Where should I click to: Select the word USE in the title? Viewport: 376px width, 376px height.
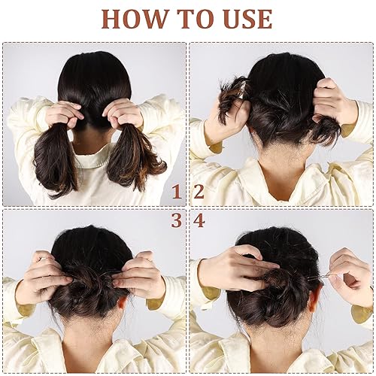(x=244, y=18)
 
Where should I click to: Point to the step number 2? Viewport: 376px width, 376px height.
(x=199, y=192)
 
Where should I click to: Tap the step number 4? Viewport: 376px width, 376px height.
(x=199, y=220)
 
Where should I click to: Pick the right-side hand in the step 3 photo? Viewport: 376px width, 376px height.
(x=141, y=276)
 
